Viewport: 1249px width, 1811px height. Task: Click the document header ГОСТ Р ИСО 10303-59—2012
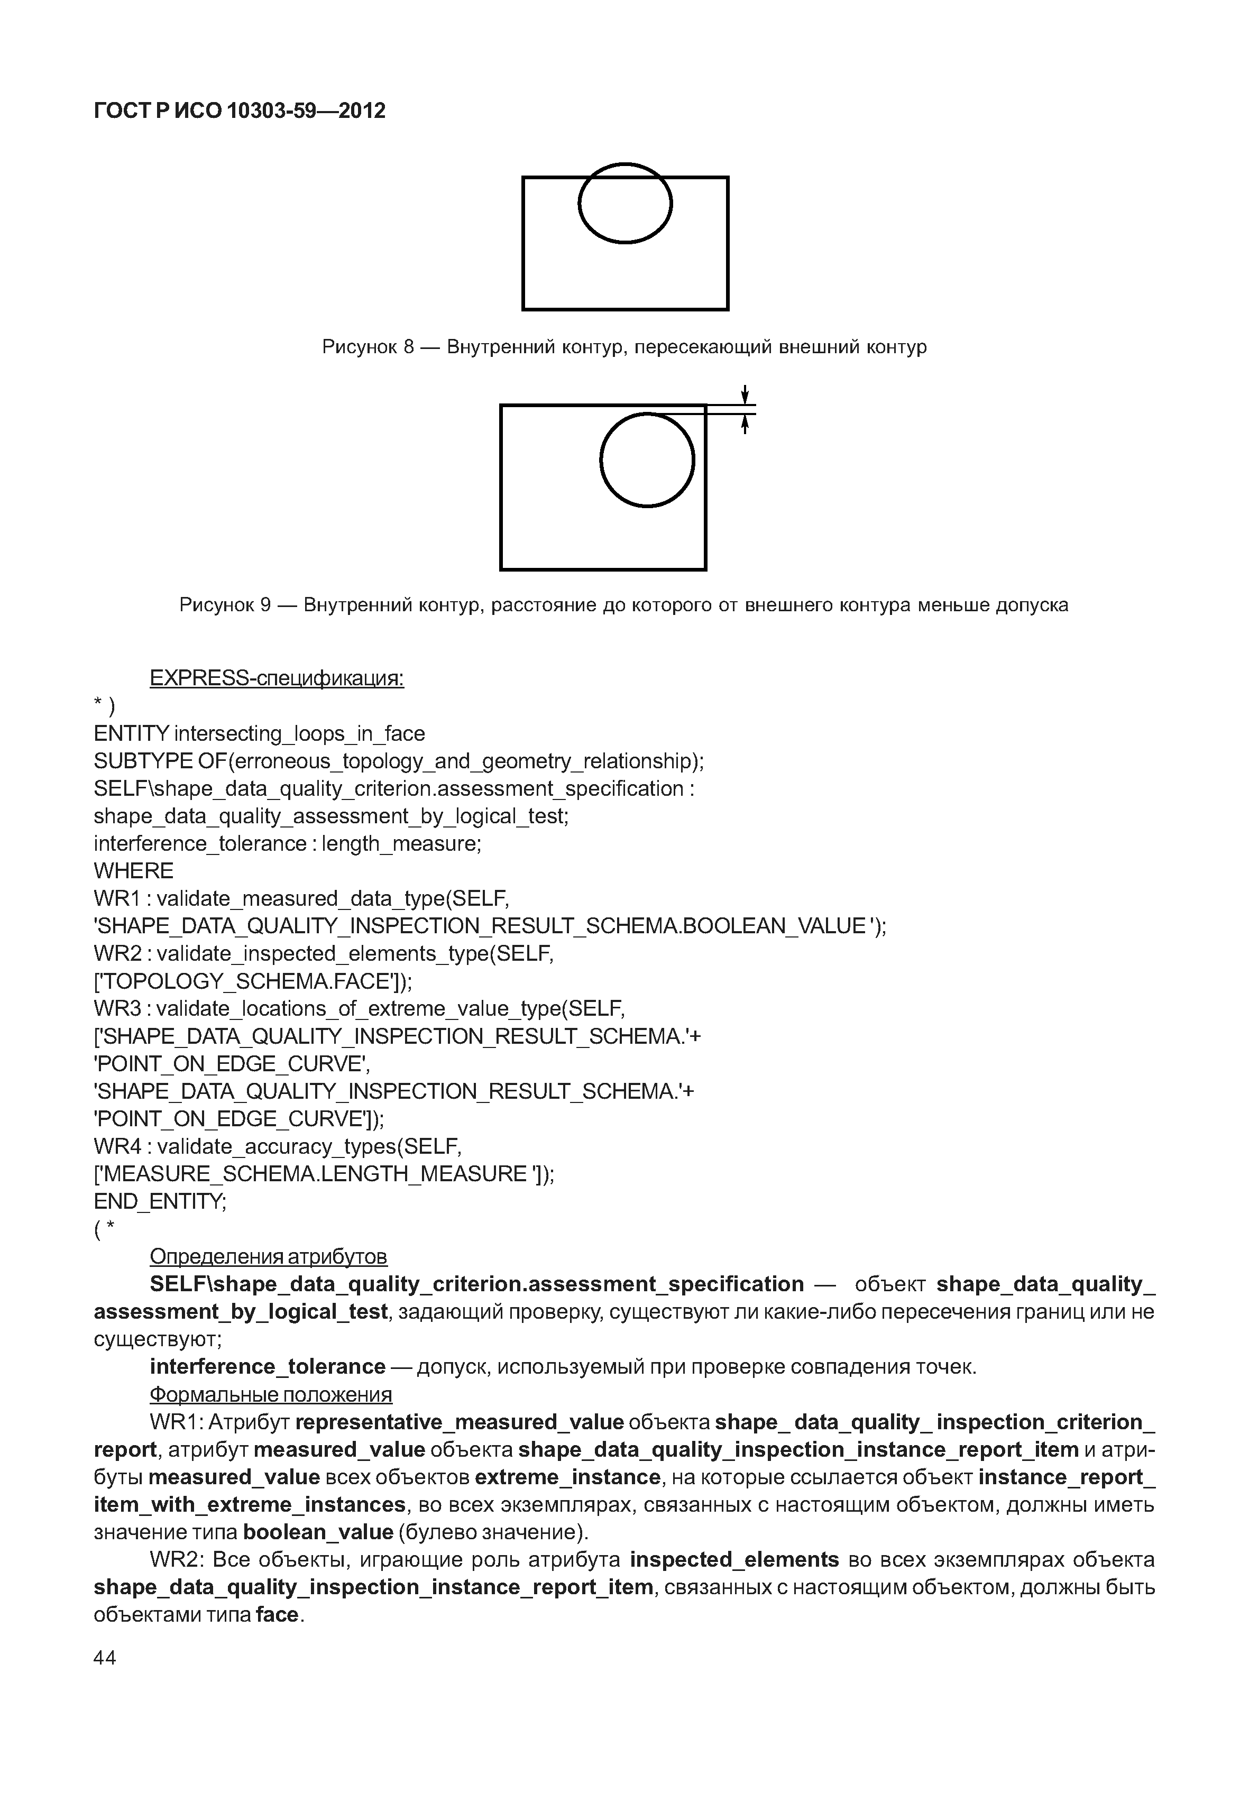point(240,111)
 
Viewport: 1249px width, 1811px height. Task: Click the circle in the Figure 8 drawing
point(624,203)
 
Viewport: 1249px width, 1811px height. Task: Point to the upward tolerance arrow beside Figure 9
point(746,424)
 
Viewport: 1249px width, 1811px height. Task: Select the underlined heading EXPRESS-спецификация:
point(276,678)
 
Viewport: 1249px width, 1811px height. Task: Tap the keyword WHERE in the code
point(134,870)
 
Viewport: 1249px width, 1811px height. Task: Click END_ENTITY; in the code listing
point(160,1201)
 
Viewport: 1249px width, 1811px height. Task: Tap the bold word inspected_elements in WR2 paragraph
point(734,1560)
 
